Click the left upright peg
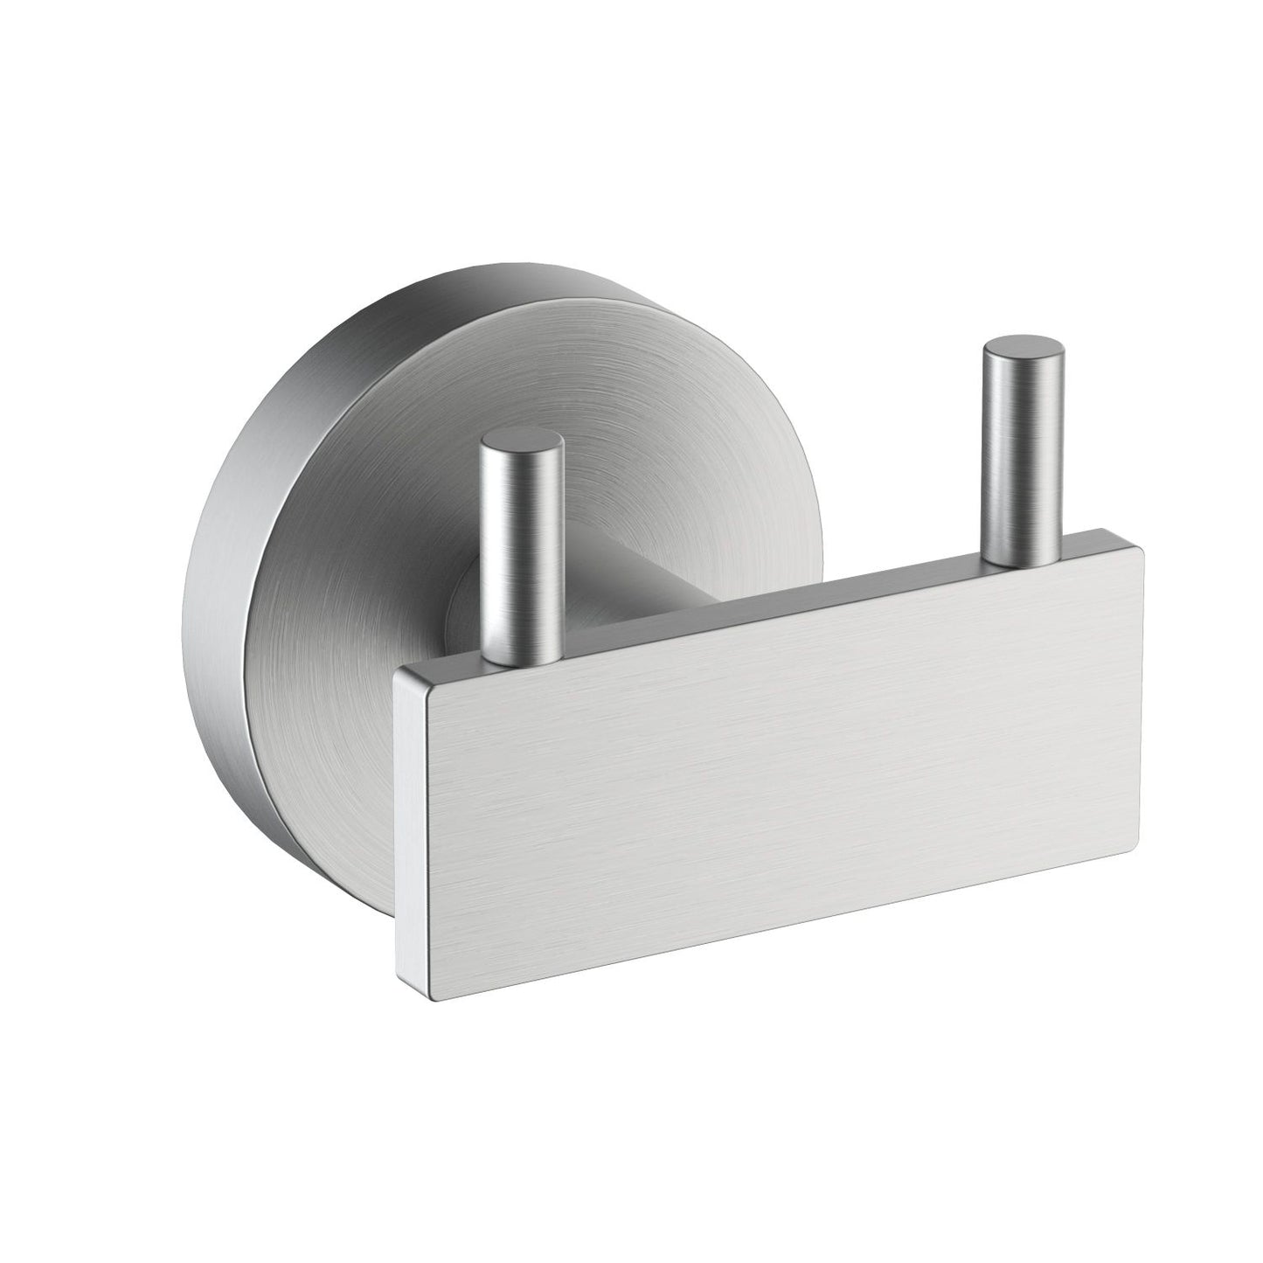522,551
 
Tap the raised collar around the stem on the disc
463,603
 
